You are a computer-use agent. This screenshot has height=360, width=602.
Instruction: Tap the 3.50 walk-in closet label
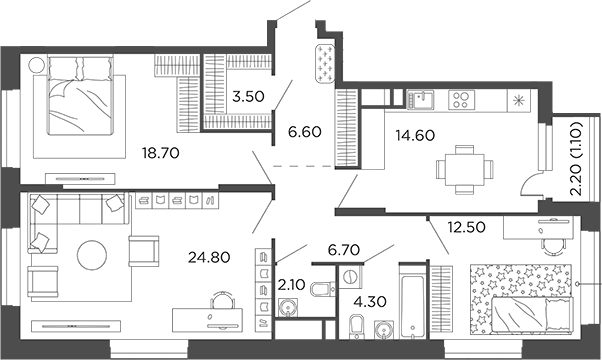coord(247,98)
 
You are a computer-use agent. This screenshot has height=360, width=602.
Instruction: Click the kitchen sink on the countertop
coord(420,99)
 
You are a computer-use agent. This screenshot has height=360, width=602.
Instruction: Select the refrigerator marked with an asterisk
coord(518,101)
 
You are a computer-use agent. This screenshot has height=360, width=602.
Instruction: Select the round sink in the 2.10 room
coord(291,307)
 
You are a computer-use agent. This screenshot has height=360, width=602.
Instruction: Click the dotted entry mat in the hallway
coord(326,62)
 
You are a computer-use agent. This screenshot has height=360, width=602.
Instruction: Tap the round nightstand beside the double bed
coord(38,68)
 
